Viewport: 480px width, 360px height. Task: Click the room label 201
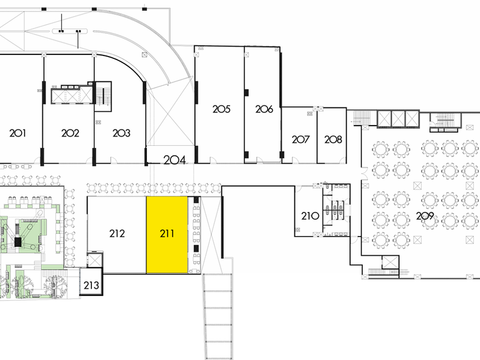pyautogui.click(x=18, y=133)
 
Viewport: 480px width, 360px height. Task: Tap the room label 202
pyautogui.click(x=70, y=133)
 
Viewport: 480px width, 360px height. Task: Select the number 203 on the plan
pyautogui.click(x=121, y=133)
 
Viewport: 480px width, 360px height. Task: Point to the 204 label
pyautogui.click(x=175, y=160)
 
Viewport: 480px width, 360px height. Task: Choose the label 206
pyautogui.click(x=264, y=109)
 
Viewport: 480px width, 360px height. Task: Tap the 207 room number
pyautogui.click(x=301, y=139)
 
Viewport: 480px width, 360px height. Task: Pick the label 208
pyautogui.click(x=333, y=139)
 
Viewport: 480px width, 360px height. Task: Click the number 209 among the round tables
pyautogui.click(x=425, y=216)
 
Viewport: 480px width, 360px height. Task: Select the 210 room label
pyautogui.click(x=309, y=216)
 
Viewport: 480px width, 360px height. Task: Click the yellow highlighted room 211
pyautogui.click(x=167, y=234)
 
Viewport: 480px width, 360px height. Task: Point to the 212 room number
pyautogui.click(x=117, y=233)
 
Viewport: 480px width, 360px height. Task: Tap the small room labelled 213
pyautogui.click(x=91, y=285)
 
